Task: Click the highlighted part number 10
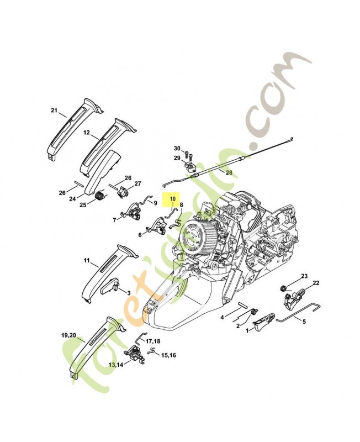[172, 199]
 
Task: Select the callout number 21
[54, 111]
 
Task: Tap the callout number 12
[87, 133]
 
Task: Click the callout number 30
[177, 149]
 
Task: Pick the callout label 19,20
[68, 336]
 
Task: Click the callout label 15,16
[168, 355]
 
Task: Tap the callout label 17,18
[153, 342]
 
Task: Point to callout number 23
[304, 276]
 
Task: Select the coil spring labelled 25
[100, 195]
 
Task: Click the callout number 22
[316, 283]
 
